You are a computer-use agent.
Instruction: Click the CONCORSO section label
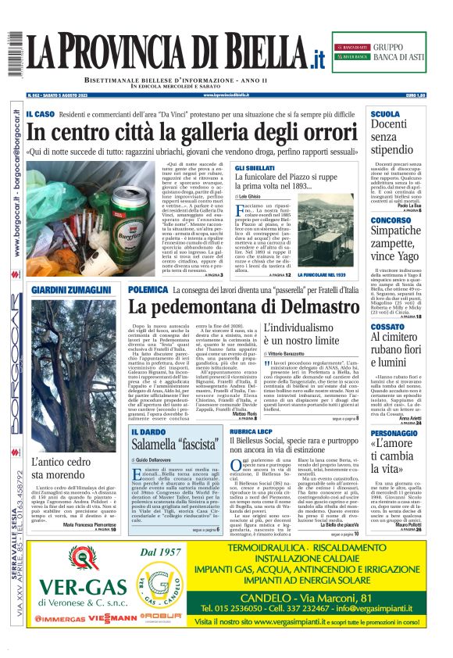(x=391, y=220)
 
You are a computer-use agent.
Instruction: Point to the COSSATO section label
(x=388, y=326)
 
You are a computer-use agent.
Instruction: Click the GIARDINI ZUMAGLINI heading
(x=71, y=289)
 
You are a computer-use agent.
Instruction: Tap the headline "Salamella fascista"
(x=173, y=445)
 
